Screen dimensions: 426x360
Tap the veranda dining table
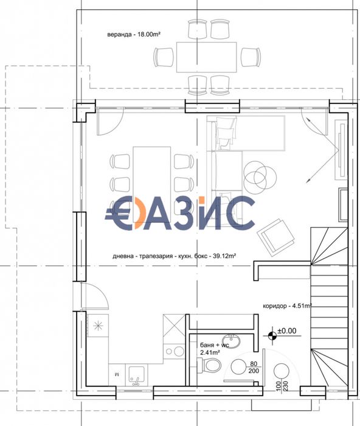tap(206, 57)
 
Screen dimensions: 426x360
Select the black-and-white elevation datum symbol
tap(271, 333)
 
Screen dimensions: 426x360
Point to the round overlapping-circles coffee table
tap(256, 175)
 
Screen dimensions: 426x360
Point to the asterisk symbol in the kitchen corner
tap(97, 328)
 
